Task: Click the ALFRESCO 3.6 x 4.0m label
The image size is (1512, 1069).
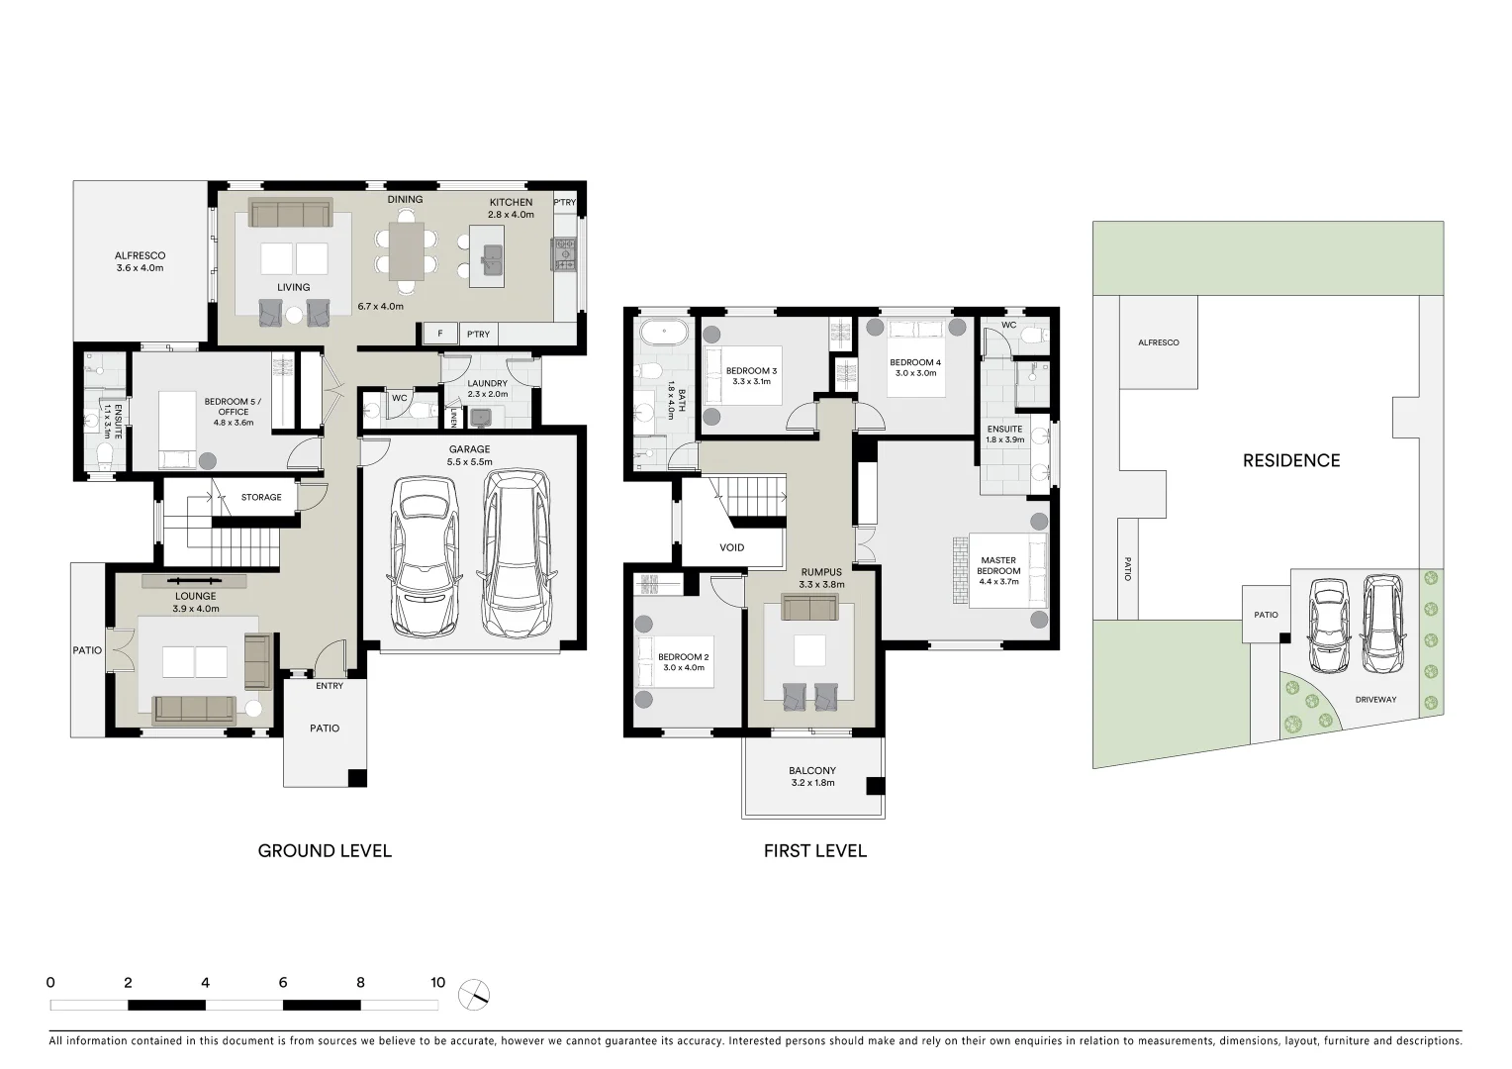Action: (x=140, y=261)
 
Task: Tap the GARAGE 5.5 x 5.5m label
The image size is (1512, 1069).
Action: (x=469, y=455)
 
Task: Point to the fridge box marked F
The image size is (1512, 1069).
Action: (x=439, y=335)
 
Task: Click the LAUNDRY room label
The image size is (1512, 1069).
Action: (x=487, y=388)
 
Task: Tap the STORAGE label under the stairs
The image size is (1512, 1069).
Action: (x=261, y=497)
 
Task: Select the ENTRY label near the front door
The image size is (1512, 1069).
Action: (x=330, y=686)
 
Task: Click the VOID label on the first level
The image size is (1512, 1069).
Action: (x=732, y=547)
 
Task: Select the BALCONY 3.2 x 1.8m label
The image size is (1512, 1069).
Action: (x=812, y=776)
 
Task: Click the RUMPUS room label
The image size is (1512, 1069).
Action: (x=820, y=577)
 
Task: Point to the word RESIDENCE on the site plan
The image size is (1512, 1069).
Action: (x=1291, y=460)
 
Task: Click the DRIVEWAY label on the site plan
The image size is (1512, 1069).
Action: (x=1375, y=700)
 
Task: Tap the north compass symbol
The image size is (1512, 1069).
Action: (x=475, y=993)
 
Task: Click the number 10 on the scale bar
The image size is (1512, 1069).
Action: (x=437, y=983)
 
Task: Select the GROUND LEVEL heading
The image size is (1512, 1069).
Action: (x=325, y=850)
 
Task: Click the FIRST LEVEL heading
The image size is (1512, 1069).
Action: (x=814, y=850)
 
